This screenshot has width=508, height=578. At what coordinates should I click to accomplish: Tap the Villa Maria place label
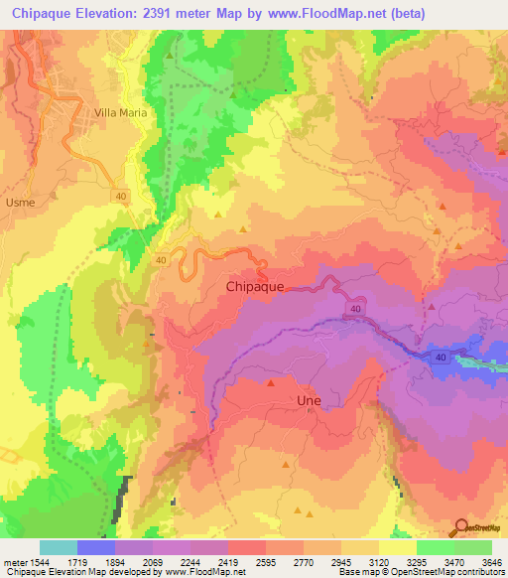[x=120, y=113]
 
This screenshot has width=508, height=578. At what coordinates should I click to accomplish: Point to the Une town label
[x=310, y=399]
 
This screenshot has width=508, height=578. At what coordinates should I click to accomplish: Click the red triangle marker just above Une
[x=270, y=381]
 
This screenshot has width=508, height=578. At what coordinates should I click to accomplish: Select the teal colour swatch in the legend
[x=59, y=547]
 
